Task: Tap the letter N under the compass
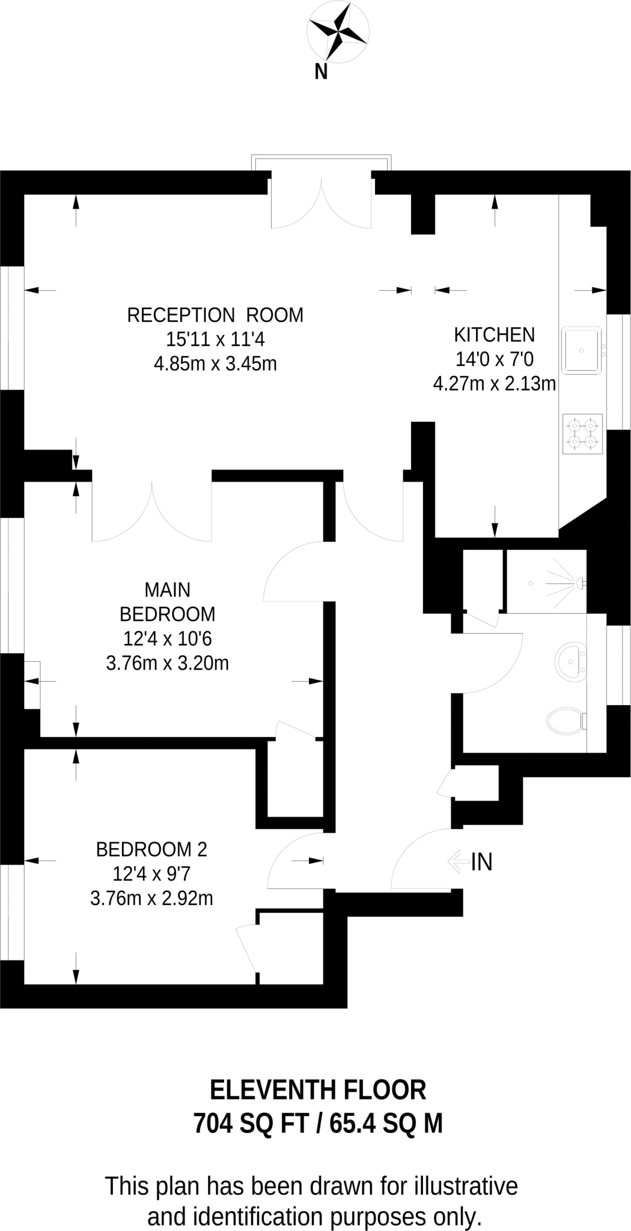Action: point(321,72)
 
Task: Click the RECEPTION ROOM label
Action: point(215,315)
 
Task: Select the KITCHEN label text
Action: point(494,334)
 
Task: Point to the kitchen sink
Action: point(581,350)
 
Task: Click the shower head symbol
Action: point(581,582)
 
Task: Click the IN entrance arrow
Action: point(457,861)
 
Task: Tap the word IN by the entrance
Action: point(482,862)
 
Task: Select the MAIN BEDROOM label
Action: point(167,602)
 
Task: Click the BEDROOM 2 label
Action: point(151,849)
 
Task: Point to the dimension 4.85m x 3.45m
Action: point(215,364)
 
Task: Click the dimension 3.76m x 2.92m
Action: point(151,898)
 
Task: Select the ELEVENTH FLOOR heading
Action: point(318,1089)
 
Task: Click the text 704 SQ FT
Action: point(251,1123)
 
